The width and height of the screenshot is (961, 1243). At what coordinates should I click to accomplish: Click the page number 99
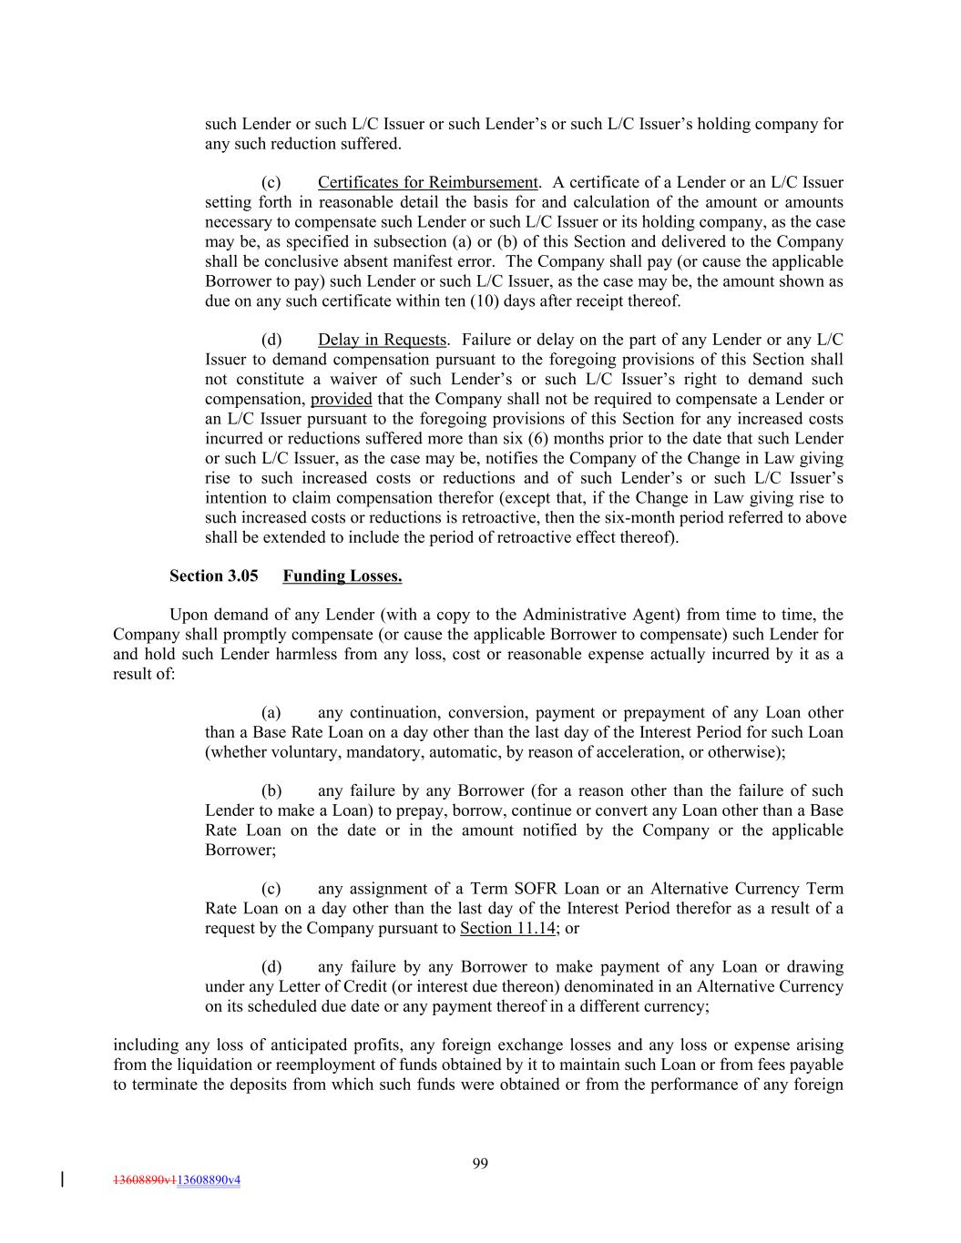pyautogui.click(x=480, y=1163)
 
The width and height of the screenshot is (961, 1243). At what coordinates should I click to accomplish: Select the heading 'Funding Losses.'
pyautogui.click(x=342, y=576)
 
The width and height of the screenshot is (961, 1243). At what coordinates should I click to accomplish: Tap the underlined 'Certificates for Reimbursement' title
pyautogui.click(x=428, y=182)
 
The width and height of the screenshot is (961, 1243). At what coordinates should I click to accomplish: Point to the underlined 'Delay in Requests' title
pyautogui.click(x=382, y=340)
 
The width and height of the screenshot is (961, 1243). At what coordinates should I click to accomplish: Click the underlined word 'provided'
pyautogui.click(x=341, y=399)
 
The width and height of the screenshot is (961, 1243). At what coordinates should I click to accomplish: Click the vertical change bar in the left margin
pyautogui.click(x=62, y=1179)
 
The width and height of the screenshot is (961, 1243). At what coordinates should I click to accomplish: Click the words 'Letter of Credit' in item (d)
pyautogui.click(x=301, y=986)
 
